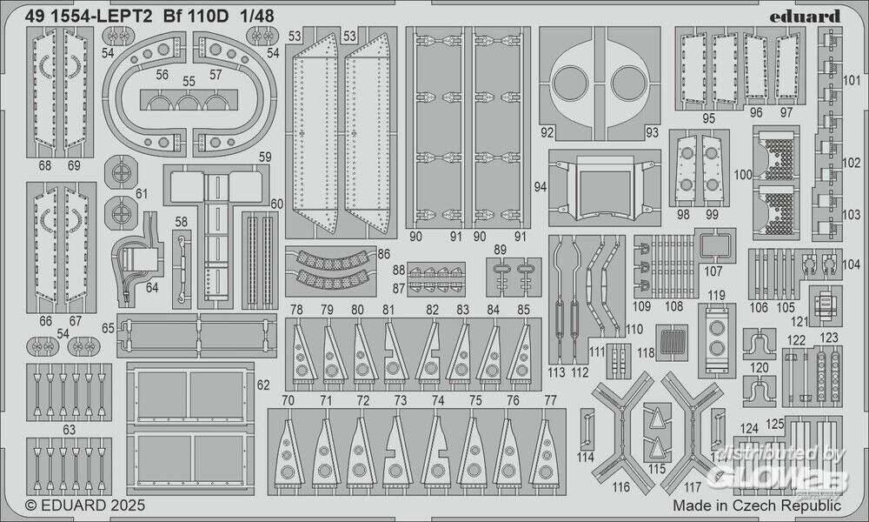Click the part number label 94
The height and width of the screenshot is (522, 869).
point(539,186)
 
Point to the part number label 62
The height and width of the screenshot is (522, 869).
point(263,383)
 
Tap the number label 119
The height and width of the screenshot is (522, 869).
point(716,295)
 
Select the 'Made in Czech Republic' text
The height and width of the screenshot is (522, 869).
point(757,505)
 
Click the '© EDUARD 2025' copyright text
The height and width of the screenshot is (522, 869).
point(84,505)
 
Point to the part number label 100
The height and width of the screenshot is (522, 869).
point(743,175)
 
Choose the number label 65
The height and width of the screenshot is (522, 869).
point(108,328)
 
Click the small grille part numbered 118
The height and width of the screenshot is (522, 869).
point(673,342)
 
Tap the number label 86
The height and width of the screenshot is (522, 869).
point(384,254)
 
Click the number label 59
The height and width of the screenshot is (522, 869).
point(265,157)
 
